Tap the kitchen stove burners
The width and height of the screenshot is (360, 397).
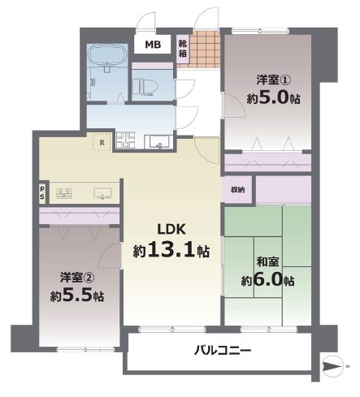click(x=63, y=193)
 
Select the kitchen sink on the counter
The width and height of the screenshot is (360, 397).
click(x=102, y=193)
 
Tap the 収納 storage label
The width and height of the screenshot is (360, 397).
click(x=237, y=190)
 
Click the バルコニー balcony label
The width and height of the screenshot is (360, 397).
click(x=222, y=351)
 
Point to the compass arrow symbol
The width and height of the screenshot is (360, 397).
click(x=336, y=367)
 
